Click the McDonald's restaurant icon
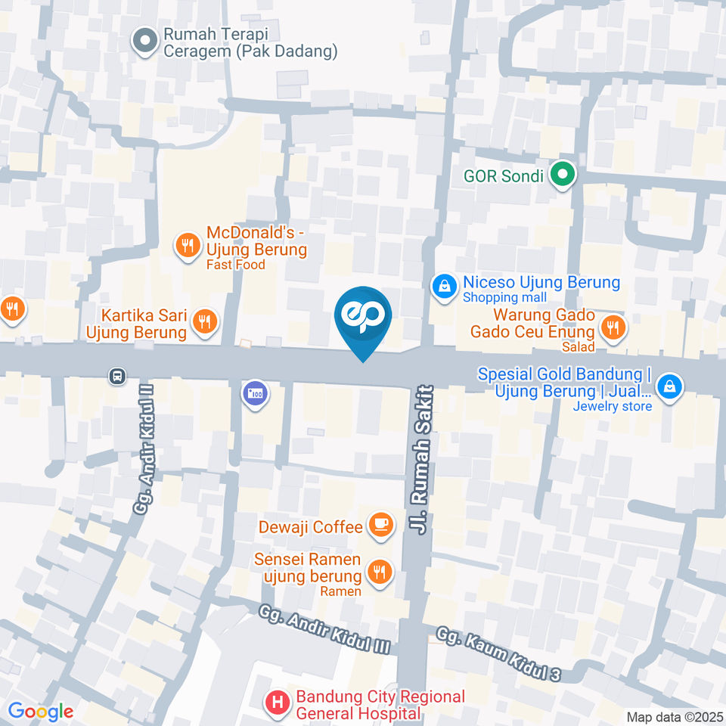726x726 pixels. tap(187, 245)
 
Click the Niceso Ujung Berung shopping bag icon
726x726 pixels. tap(444, 286)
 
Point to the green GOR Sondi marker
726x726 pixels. tap(562, 176)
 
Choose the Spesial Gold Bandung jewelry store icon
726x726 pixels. tap(669, 387)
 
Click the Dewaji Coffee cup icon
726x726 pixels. tap(380, 524)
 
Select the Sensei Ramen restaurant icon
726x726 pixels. tap(380, 571)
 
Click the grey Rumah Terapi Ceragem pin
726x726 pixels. tap(144, 41)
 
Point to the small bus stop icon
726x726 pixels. tap(116, 375)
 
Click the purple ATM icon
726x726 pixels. tap(256, 393)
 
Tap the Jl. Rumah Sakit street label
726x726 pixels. tap(422, 462)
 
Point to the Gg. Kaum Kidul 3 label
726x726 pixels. tap(500, 653)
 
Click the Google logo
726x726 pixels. tap(40, 711)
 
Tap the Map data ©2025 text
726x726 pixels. tap(674, 717)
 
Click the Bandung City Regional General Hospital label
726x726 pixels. tap(380, 705)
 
